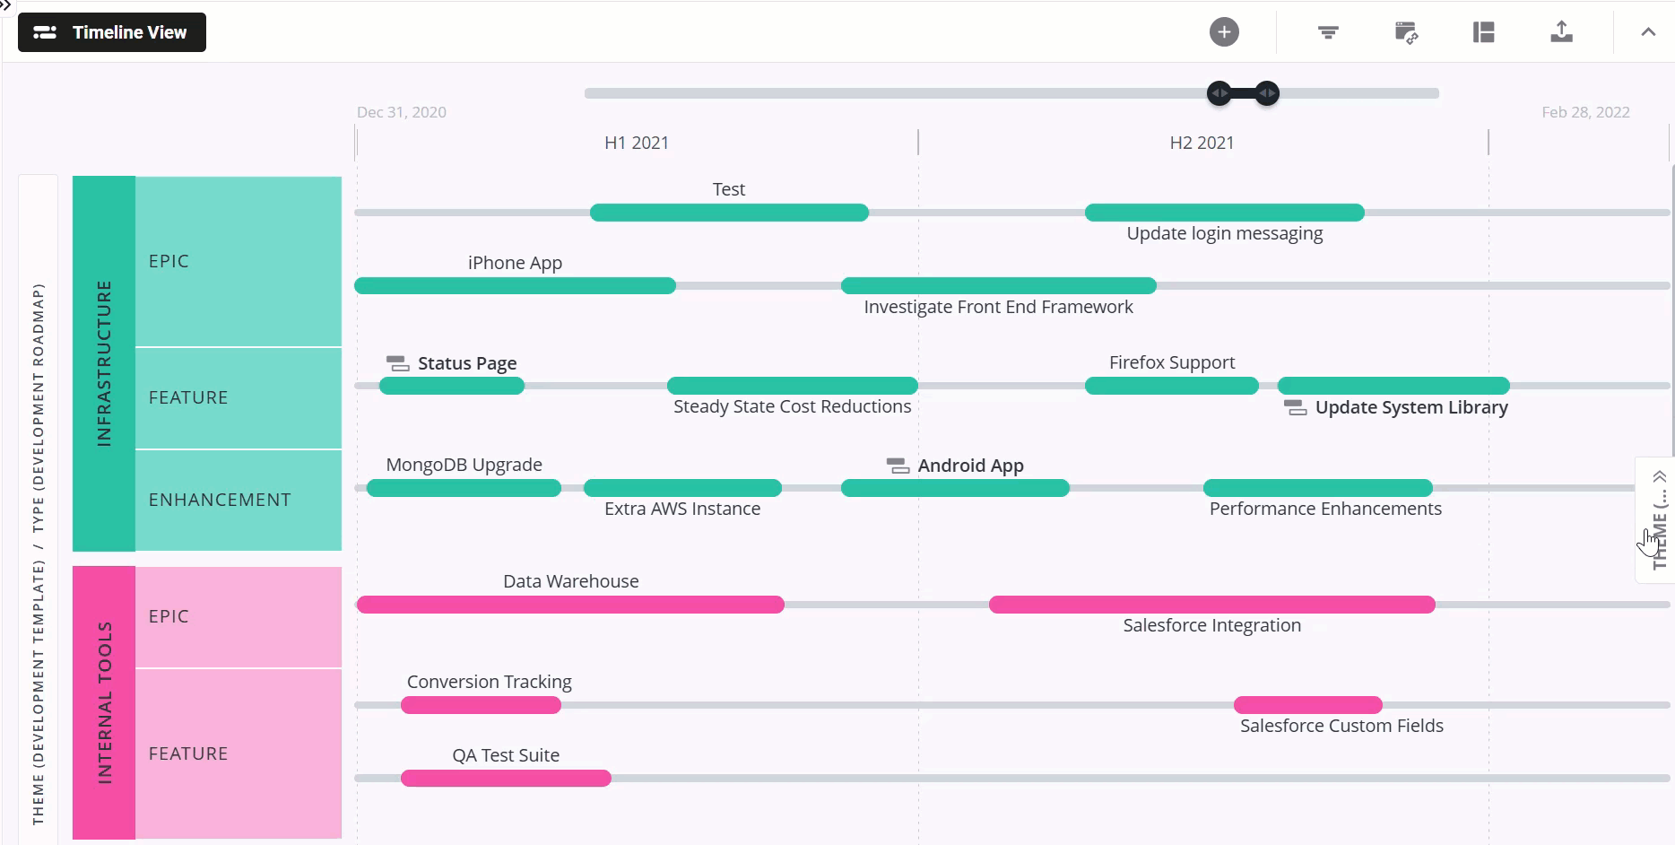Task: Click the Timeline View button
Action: (x=112, y=32)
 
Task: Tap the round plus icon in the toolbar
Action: (x=1224, y=32)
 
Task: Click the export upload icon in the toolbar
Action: (x=1561, y=32)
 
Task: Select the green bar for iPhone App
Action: (x=515, y=286)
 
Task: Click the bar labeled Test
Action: (x=729, y=213)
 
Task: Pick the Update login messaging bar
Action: (x=1224, y=213)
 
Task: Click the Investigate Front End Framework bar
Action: (x=998, y=286)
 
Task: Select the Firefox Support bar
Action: (x=1171, y=386)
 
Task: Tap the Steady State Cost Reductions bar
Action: (x=792, y=386)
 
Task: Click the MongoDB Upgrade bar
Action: (x=464, y=488)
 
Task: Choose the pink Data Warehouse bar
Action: (x=570, y=605)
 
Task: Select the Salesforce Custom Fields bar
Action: (x=1307, y=705)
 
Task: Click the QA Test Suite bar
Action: (x=506, y=779)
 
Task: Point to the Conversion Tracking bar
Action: (x=481, y=705)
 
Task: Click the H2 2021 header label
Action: (x=1202, y=143)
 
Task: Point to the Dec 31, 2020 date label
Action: (x=402, y=112)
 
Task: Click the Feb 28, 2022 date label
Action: (x=1585, y=112)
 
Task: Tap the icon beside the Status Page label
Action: (x=397, y=363)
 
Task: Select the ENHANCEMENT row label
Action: (x=220, y=500)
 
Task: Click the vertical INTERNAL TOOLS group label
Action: (x=104, y=702)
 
